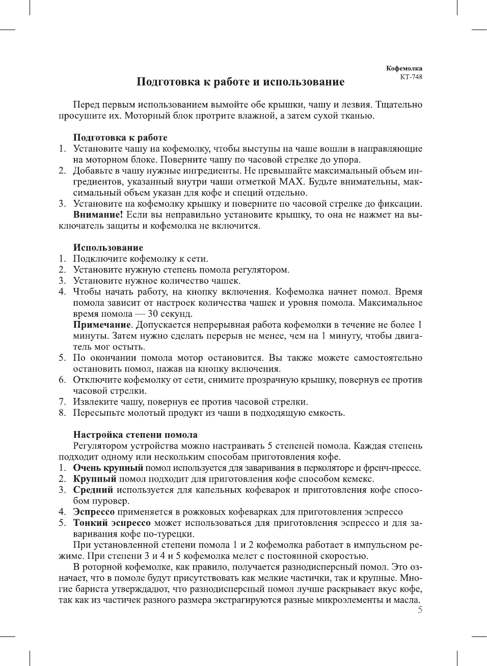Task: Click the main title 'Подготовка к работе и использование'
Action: [240, 82]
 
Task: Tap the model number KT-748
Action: [411, 77]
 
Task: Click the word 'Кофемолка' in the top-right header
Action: [404, 68]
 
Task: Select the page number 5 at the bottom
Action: [420, 610]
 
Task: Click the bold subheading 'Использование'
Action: [108, 248]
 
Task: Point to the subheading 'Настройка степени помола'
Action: [135, 435]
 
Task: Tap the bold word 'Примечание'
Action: [102, 325]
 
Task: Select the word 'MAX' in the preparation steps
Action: [291, 182]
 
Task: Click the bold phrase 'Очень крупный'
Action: [108, 468]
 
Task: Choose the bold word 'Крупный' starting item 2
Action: [95, 479]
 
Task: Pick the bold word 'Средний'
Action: [93, 490]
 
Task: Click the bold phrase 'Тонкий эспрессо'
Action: [112, 523]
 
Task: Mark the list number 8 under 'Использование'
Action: [62, 413]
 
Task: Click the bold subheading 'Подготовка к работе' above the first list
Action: [120, 138]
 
